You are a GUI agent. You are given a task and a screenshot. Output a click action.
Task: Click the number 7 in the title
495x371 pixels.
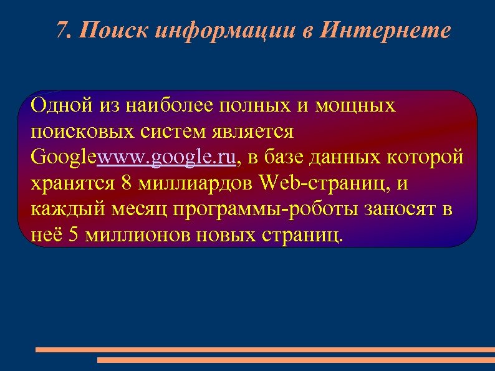click(61, 30)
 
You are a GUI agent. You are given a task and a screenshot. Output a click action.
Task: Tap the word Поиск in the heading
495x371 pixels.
click(113, 30)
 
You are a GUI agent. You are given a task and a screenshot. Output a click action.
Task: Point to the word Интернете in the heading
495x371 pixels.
click(384, 30)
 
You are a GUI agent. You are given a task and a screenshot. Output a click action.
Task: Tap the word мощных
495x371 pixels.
click(356, 105)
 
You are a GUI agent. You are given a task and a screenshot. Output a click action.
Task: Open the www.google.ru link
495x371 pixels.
click(167, 158)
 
